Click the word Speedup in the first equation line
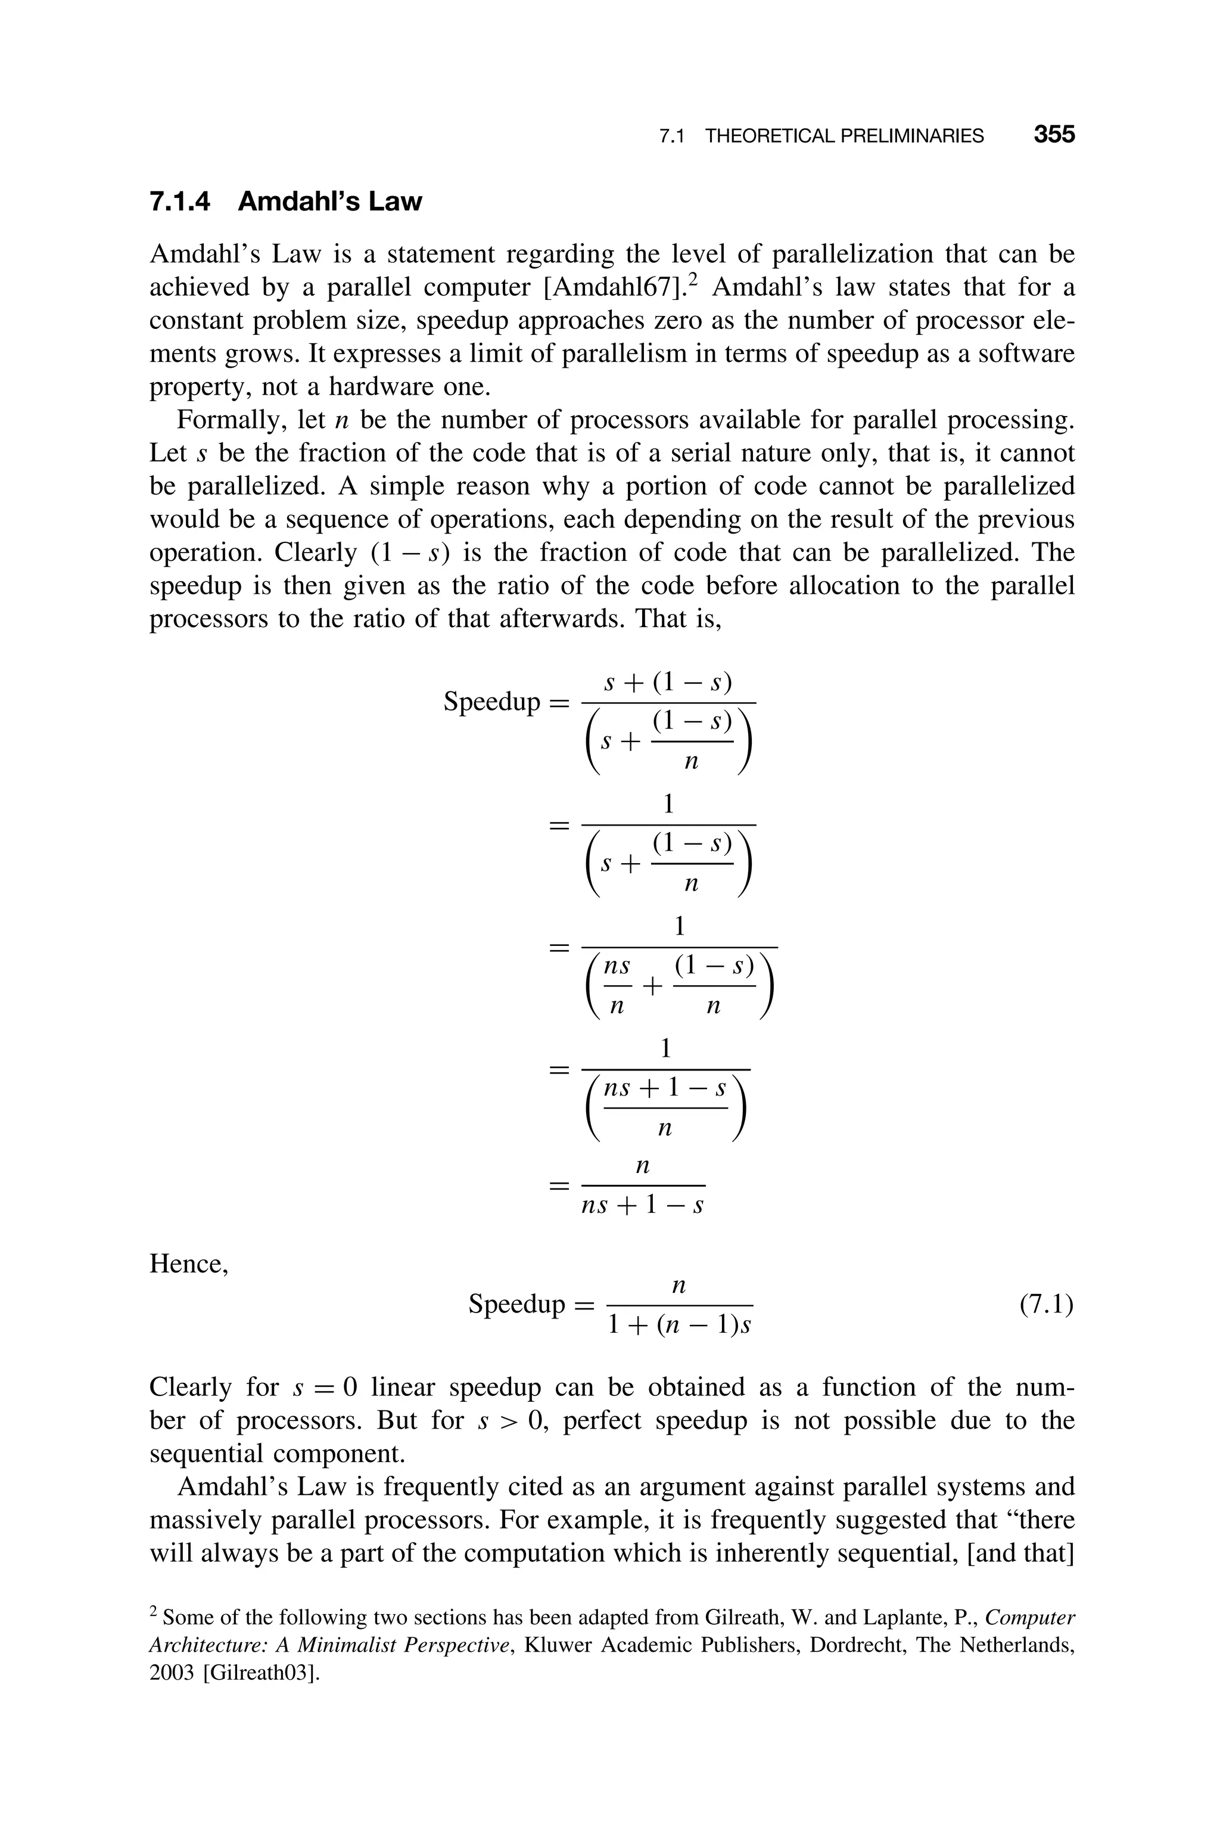[x=491, y=702]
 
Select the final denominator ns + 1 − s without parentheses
[x=643, y=1206]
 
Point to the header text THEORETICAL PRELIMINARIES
[x=844, y=136]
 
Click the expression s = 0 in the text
[x=325, y=1388]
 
